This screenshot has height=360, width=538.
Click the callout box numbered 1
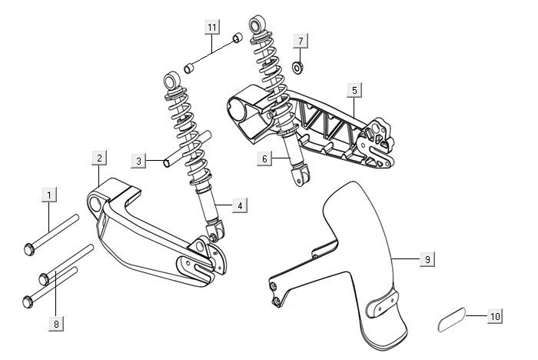(49, 195)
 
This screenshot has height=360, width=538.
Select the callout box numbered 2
(99, 158)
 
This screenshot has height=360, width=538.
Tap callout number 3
(138, 162)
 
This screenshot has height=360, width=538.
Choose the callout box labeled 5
(354, 90)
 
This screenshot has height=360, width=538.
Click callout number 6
(264, 159)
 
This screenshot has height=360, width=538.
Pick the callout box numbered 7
(301, 40)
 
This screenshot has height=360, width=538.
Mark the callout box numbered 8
(55, 324)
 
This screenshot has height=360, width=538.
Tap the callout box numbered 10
(494, 315)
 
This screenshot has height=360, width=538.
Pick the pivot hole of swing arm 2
(95, 202)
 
